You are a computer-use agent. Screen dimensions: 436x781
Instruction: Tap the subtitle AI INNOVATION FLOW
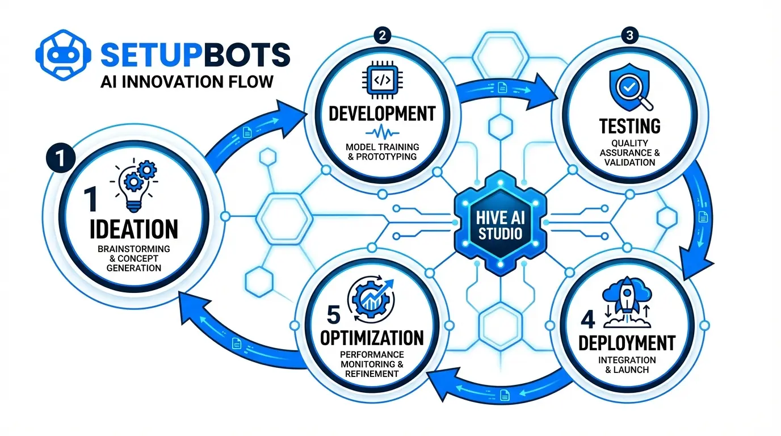[x=186, y=81]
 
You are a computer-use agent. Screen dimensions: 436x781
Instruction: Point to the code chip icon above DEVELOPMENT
[x=383, y=81]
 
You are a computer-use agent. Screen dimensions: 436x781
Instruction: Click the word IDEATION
[x=134, y=230]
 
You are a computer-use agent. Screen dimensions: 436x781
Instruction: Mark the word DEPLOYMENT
[x=627, y=343]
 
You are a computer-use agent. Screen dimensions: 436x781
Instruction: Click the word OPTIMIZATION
[x=372, y=338]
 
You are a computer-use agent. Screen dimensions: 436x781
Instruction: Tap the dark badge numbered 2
[x=383, y=35]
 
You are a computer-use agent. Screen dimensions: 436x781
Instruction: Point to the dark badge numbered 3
[x=628, y=35]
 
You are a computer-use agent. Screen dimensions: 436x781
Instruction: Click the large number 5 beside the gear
[x=334, y=315]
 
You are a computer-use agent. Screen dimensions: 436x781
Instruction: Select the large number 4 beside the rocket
[x=587, y=320]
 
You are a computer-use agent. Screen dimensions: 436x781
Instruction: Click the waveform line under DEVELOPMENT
[x=383, y=133]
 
